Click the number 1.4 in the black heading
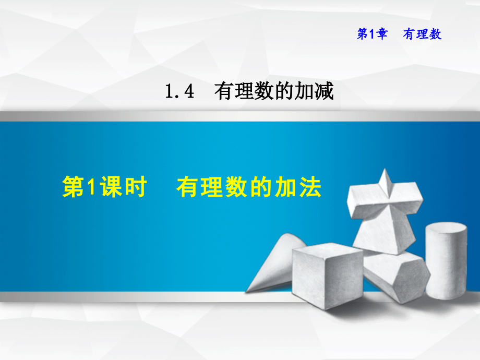[x=179, y=92]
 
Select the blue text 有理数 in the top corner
[x=422, y=34]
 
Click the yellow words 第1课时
[x=104, y=188]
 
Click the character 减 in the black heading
[x=324, y=92]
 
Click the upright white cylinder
[x=446, y=261]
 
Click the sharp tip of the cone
[x=247, y=291]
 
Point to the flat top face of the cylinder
[x=446, y=229]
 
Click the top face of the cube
[x=328, y=250]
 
